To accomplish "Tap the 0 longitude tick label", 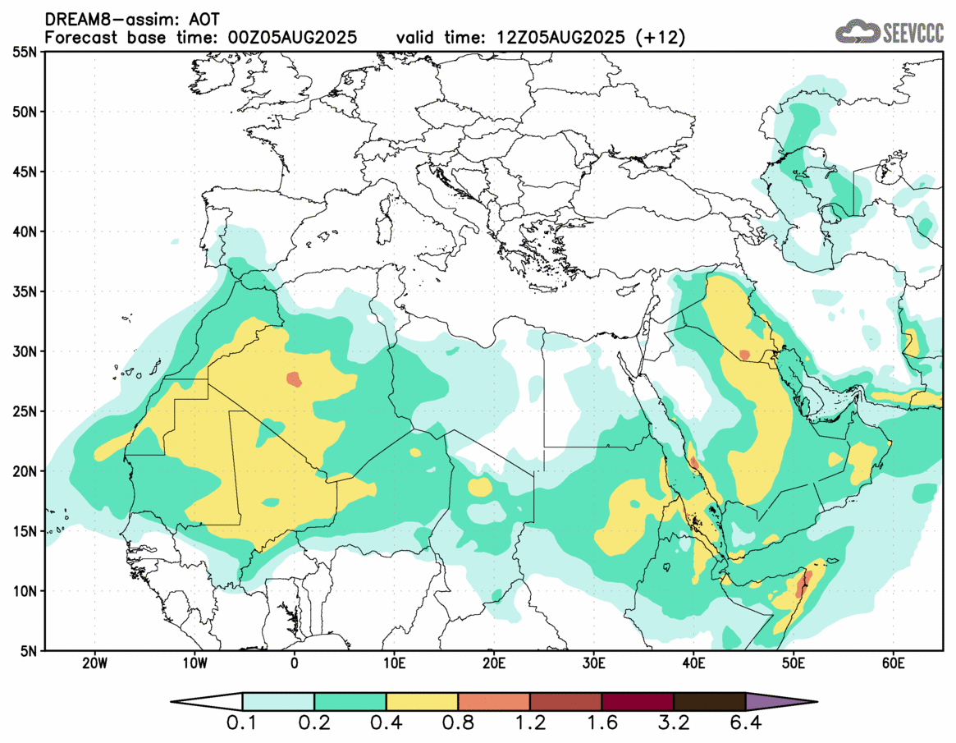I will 294,663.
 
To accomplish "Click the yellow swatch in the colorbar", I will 422,702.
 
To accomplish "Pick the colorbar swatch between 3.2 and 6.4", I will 709,702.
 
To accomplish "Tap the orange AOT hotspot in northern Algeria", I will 294,379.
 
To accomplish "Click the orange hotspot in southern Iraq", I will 744,355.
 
